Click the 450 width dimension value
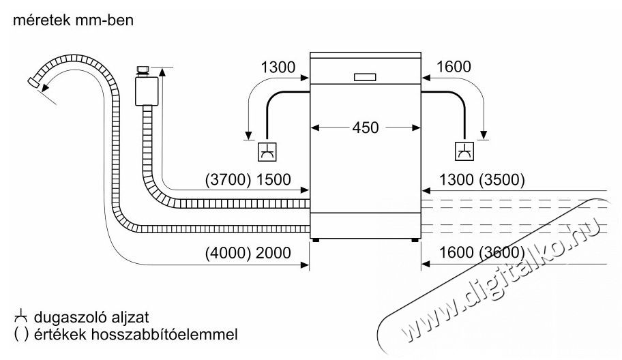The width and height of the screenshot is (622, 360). point(365,127)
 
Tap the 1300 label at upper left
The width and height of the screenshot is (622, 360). point(278,67)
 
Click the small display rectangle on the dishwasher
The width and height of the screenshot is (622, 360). point(365,76)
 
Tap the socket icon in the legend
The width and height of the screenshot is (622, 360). point(19,318)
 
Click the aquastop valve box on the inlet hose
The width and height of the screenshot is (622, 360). point(145,89)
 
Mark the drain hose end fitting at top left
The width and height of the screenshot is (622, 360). point(33,83)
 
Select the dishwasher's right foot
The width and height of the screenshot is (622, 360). point(415,239)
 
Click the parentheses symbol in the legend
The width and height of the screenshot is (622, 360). point(18,335)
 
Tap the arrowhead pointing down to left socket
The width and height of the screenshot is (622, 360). point(248,134)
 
